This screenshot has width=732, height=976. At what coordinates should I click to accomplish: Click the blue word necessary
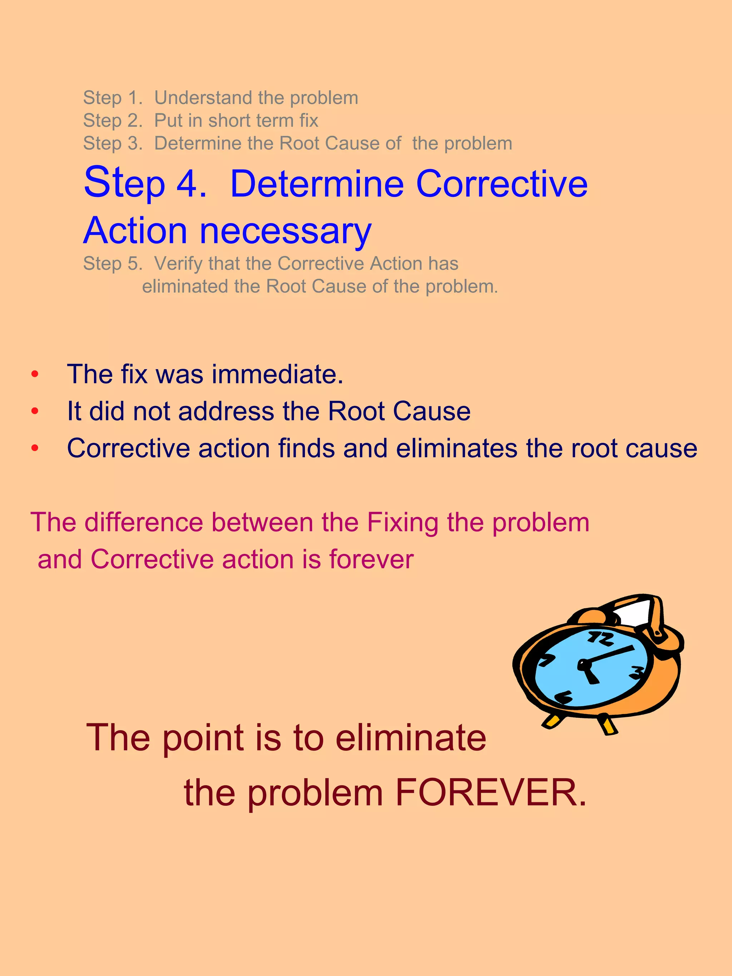click(x=286, y=231)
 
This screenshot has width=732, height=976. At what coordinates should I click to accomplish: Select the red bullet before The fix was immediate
click(x=35, y=375)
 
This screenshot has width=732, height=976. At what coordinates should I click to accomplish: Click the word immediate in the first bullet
click(x=277, y=374)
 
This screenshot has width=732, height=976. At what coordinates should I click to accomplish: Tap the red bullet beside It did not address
click(x=35, y=412)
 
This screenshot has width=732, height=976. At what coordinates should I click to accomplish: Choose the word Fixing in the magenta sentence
click(x=403, y=523)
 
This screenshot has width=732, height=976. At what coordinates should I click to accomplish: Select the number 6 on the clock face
click(x=563, y=697)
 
